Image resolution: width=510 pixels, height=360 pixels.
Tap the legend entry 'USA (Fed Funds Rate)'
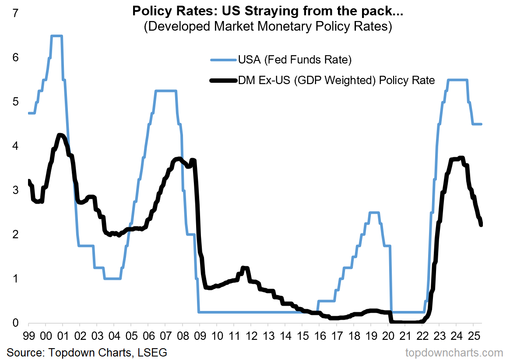click(x=295, y=59)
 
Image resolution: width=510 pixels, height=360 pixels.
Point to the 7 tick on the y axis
click(x=16, y=14)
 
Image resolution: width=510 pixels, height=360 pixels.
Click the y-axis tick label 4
click(x=16, y=146)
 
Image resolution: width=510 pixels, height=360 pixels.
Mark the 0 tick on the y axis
click(x=16, y=323)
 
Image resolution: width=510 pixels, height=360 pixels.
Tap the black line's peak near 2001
click(x=60, y=135)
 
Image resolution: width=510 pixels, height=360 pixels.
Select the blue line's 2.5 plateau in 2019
click(x=374, y=212)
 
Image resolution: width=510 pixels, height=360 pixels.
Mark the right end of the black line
click(x=481, y=225)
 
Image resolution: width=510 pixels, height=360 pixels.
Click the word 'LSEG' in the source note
click(x=153, y=352)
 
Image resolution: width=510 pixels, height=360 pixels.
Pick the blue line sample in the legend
click(x=223, y=59)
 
